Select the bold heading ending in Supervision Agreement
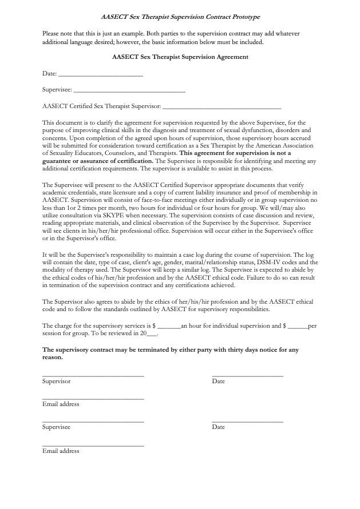coord(180,57)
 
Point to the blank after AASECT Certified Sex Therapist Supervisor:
coord(222,107)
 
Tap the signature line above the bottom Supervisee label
coord(93,421)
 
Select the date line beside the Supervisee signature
coord(247,421)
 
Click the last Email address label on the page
coord(61,451)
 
